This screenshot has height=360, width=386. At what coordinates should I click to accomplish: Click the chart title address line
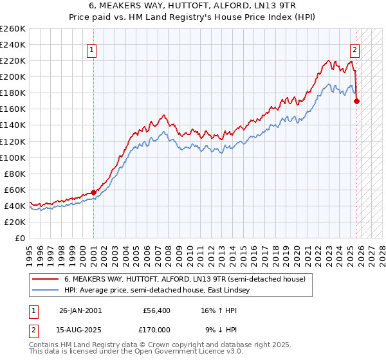click(193, 6)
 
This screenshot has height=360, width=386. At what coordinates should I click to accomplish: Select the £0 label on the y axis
click(21, 238)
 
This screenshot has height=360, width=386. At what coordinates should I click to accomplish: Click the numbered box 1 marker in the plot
click(91, 50)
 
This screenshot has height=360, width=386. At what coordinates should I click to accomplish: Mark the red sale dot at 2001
click(94, 192)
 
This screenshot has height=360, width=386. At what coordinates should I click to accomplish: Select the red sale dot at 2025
click(357, 101)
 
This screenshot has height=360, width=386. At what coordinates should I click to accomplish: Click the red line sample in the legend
click(46, 279)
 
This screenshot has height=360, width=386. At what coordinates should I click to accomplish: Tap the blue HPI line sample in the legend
click(46, 290)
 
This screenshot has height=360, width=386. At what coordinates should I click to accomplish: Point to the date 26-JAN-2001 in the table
click(80, 310)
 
